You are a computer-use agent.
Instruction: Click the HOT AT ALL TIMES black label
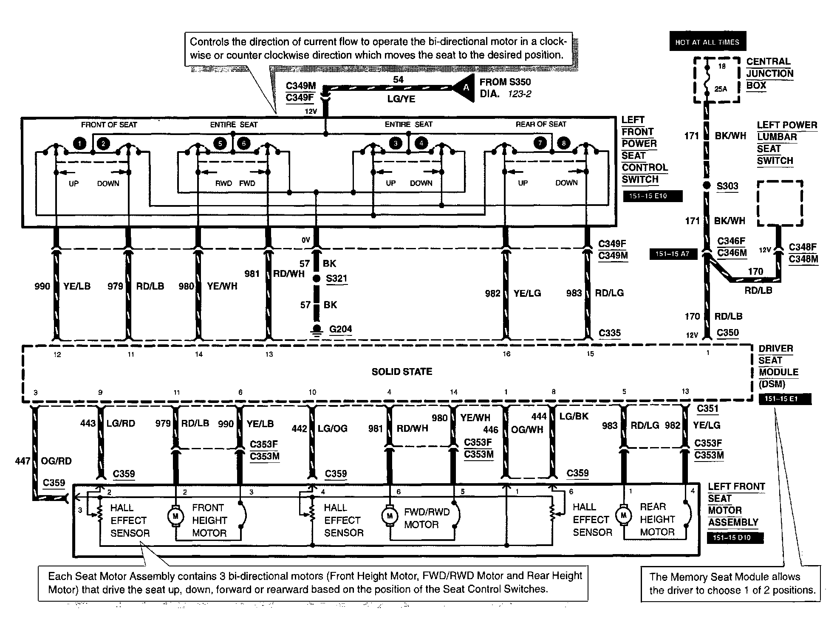pyautogui.click(x=707, y=42)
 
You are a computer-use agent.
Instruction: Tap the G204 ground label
pyautogui.click(x=340, y=329)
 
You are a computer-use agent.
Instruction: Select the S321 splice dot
pyautogui.click(x=316, y=279)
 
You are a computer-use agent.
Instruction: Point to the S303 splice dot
pyautogui.click(x=707, y=186)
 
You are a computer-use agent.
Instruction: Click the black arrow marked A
pyautogui.click(x=464, y=87)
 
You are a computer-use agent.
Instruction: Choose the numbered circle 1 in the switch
pyautogui.click(x=79, y=144)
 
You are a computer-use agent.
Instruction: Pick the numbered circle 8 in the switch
pyautogui.click(x=563, y=143)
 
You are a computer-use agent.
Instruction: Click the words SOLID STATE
pyautogui.click(x=402, y=372)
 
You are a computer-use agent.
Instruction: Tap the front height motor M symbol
pyautogui.click(x=175, y=516)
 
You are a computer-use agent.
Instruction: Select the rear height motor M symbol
pyautogui.click(x=623, y=515)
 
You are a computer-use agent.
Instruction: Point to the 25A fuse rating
pyautogui.click(x=721, y=89)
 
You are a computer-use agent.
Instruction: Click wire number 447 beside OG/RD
pyautogui.click(x=22, y=461)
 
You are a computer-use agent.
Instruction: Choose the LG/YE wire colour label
pyautogui.click(x=401, y=99)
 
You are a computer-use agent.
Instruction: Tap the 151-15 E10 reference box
pyautogui.click(x=652, y=196)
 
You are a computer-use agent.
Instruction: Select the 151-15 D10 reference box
pyautogui.click(x=735, y=538)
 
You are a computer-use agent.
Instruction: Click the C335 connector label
pyautogui.click(x=609, y=333)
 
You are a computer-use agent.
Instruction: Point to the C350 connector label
pyautogui.click(x=728, y=333)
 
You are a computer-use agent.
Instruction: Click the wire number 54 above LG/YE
pyautogui.click(x=398, y=79)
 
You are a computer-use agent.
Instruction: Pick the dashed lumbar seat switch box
pyautogui.click(x=780, y=203)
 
